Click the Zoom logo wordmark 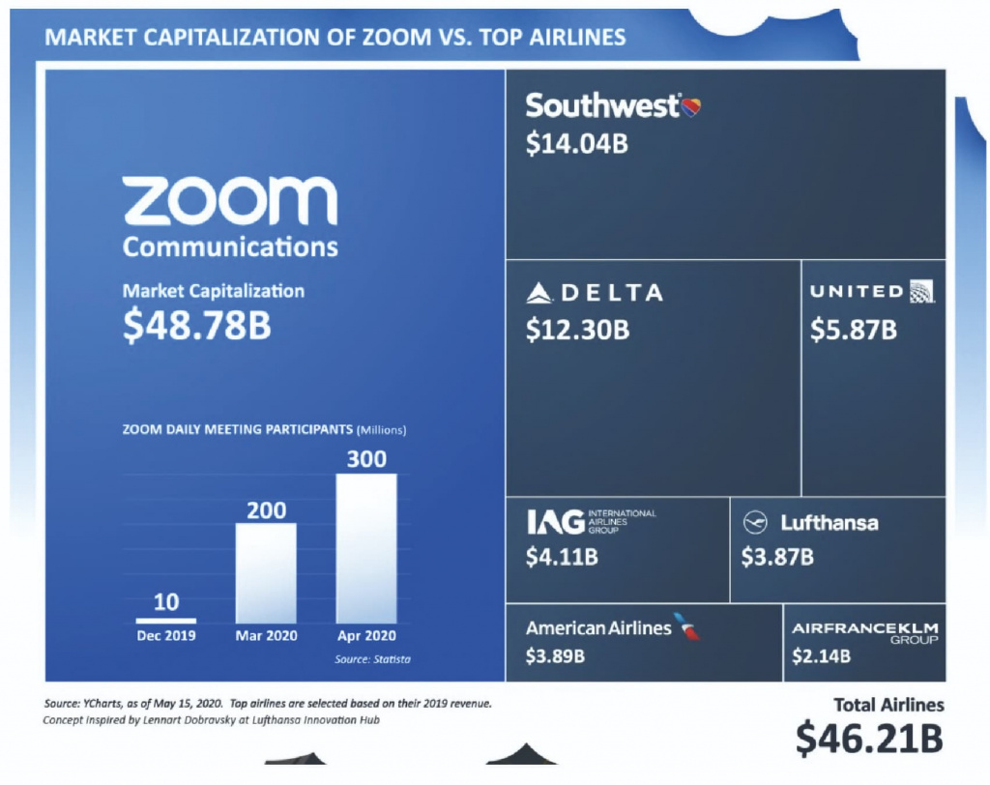click(x=230, y=201)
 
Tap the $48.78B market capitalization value click(x=197, y=326)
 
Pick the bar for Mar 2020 click(x=266, y=572)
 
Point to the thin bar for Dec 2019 click(x=166, y=620)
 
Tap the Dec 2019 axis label click(x=166, y=635)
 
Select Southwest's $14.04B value click(x=577, y=144)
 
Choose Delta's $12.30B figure click(x=577, y=330)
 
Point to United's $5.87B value click(x=854, y=330)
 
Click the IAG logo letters click(x=555, y=522)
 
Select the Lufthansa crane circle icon click(x=754, y=523)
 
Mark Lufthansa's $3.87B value click(x=777, y=558)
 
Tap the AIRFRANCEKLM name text click(x=864, y=628)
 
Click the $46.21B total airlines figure click(x=869, y=738)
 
